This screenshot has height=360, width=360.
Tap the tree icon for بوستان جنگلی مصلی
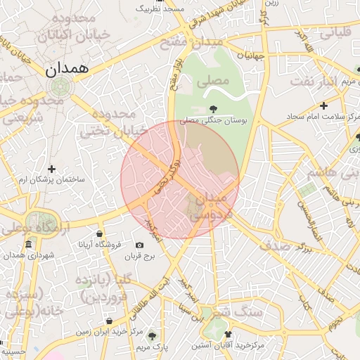(212, 108)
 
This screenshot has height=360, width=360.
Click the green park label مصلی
(213, 82)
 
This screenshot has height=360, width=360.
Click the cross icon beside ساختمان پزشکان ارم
(51, 169)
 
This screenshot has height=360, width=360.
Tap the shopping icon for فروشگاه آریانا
(99, 234)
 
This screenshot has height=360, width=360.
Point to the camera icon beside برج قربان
(139, 245)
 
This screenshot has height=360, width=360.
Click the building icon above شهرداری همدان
(28, 244)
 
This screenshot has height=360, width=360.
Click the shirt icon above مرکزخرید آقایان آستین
(227, 334)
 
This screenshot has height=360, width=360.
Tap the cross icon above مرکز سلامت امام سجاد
(323, 105)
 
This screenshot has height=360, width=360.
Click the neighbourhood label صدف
(275, 246)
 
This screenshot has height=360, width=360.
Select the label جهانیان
(250, 55)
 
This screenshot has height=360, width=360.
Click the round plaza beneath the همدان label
(59, 87)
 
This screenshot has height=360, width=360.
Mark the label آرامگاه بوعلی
(28, 229)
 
